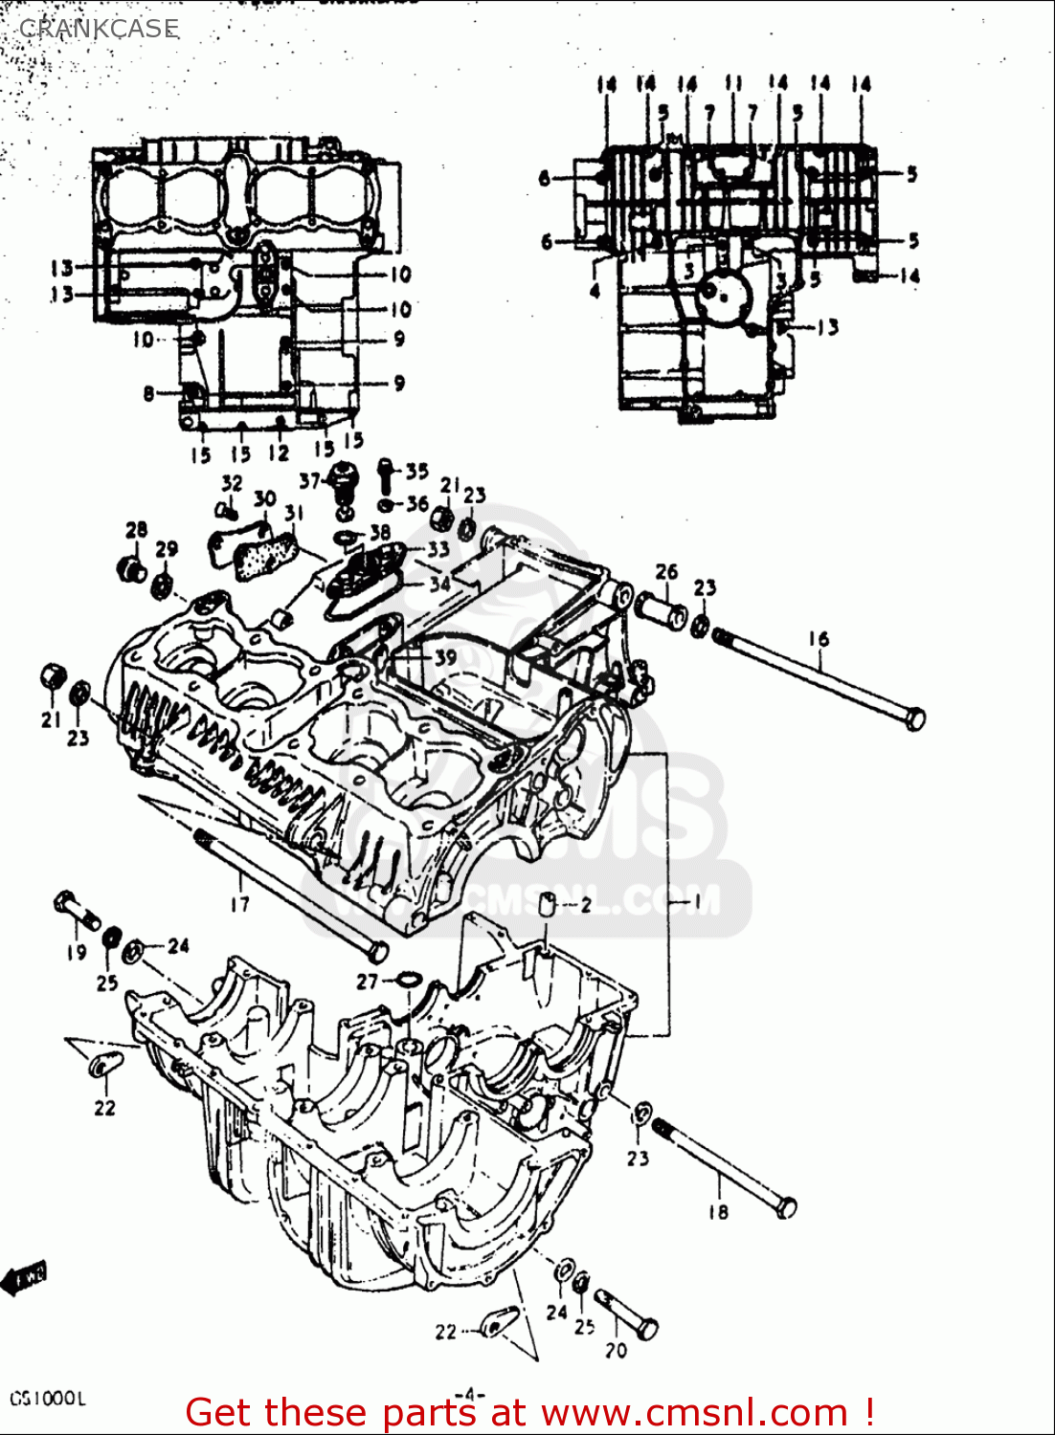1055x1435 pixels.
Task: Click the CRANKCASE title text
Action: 99,29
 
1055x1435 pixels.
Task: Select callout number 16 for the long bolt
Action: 819,638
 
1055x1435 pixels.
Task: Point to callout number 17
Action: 239,903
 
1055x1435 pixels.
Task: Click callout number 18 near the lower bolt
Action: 718,1211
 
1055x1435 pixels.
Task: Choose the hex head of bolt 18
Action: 785,1207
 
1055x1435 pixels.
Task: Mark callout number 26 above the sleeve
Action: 666,572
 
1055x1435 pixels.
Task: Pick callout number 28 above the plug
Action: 137,529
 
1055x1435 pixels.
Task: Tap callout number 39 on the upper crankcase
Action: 445,658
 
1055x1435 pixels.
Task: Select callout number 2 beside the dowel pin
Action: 586,905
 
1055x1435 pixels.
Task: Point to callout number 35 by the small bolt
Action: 416,471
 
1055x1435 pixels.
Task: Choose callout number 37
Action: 309,480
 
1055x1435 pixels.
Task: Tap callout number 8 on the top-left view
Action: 148,392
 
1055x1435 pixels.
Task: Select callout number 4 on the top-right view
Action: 595,290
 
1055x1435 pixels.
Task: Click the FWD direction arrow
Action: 24,1277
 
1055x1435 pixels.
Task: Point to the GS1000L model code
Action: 48,1398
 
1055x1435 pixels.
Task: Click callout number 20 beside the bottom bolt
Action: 616,1350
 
